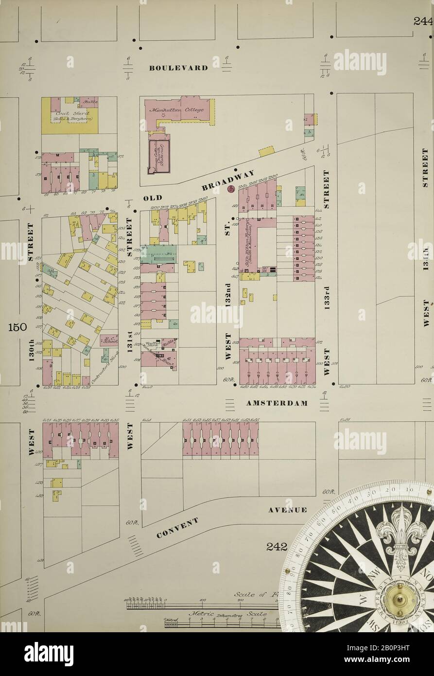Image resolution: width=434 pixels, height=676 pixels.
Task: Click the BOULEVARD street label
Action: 178,68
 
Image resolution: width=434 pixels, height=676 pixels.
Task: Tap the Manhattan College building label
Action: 184,110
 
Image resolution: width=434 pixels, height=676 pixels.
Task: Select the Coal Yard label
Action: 69,115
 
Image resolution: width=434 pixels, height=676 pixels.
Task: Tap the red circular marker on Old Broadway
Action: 231,188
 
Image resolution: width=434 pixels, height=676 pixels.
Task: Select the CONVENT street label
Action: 178,528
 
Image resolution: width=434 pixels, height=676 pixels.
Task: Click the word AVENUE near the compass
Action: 287,510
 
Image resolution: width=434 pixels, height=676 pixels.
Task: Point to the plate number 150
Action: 17,327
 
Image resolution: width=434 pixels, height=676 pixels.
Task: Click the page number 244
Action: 423,21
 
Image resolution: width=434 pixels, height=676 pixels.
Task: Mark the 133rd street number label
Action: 327,296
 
